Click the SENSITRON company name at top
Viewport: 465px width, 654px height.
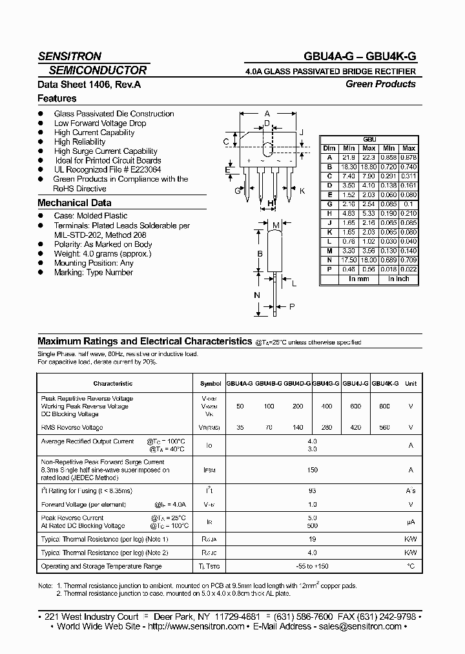click(69, 56)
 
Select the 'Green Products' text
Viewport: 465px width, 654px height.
click(380, 84)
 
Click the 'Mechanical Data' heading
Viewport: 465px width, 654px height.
click(74, 203)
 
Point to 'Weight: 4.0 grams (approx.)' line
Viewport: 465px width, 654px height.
click(103, 254)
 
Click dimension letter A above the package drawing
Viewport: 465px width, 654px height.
click(267, 112)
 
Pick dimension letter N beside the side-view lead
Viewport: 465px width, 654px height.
click(256, 295)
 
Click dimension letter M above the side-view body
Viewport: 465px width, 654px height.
click(276, 225)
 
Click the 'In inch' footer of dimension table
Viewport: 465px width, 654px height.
click(398, 279)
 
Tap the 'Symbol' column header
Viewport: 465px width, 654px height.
click(211, 383)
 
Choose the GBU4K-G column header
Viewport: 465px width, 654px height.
click(386, 383)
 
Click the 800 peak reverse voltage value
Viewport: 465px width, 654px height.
click(386, 406)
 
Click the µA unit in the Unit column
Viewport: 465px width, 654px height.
click(410, 522)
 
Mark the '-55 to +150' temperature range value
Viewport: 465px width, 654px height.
click(313, 566)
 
